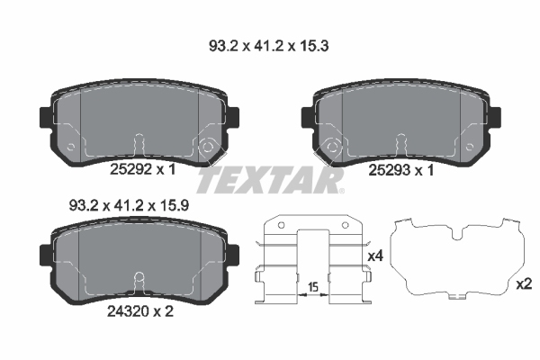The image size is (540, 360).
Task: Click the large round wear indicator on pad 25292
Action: tap(209, 147)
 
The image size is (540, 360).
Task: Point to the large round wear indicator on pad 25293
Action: tap(330, 147)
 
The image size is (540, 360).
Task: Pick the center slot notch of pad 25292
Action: tap(138, 144)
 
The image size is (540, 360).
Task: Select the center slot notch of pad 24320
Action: tap(138, 281)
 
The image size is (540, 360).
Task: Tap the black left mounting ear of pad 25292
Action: tap(45, 118)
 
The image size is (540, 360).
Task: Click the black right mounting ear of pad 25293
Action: tap(494, 118)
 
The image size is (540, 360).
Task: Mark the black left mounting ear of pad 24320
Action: tap(45, 256)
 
